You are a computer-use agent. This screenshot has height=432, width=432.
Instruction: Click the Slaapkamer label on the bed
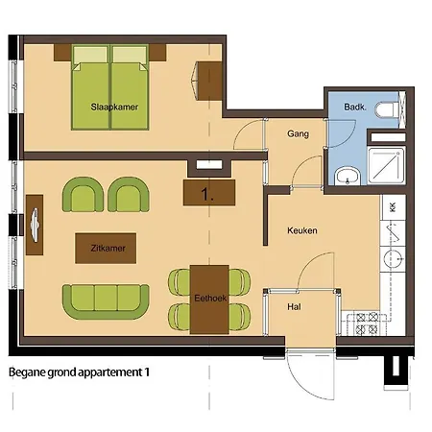(x=114, y=107)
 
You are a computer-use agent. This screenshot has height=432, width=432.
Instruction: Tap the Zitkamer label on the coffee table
(x=108, y=248)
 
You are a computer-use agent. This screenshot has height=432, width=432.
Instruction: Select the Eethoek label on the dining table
(x=210, y=299)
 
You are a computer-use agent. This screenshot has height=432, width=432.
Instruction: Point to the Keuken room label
(x=302, y=230)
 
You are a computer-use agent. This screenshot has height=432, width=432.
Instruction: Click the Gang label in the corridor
(x=298, y=133)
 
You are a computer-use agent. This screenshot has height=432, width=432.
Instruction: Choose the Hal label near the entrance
(x=294, y=307)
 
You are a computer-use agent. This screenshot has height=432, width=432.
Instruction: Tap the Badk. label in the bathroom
(x=355, y=107)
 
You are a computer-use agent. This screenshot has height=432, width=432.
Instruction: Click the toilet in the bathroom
(x=387, y=109)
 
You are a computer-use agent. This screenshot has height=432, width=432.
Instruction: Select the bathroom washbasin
(x=348, y=177)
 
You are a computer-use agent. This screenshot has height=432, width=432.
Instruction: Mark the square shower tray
(x=386, y=165)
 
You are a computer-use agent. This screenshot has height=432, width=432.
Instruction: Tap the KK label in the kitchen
(x=393, y=207)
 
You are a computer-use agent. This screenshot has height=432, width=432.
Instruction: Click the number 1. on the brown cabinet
(x=207, y=194)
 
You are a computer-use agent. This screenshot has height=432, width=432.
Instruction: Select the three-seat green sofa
(x=106, y=301)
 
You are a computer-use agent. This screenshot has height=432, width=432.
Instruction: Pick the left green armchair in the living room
(x=83, y=195)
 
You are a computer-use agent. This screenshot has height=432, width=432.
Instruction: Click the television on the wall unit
(x=35, y=225)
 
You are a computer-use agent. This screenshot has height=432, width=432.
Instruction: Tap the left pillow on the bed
(x=90, y=56)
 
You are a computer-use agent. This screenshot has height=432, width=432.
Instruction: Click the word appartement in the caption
(x=109, y=372)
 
